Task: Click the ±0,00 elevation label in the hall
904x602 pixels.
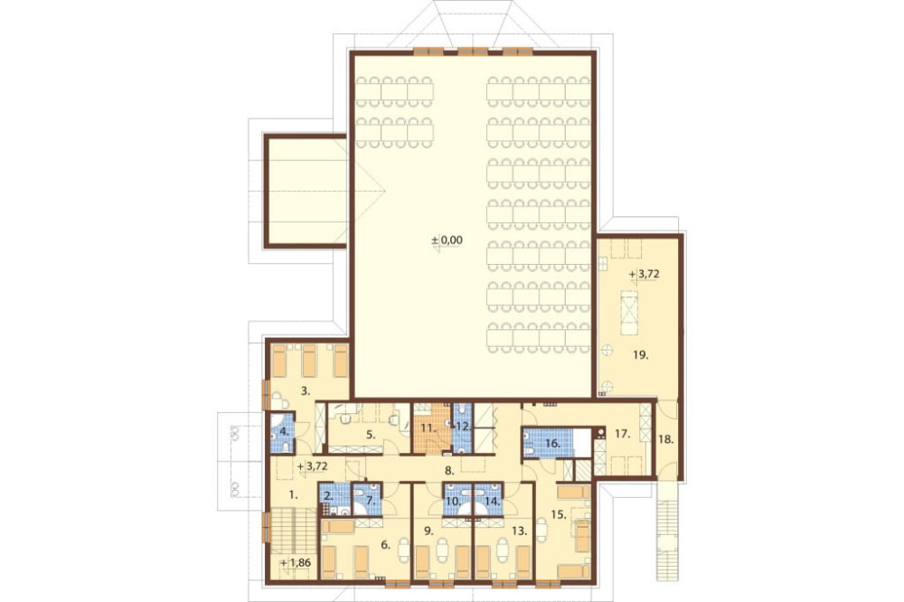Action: pyautogui.click(x=447, y=240)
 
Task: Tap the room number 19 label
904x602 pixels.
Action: pyautogui.click(x=641, y=355)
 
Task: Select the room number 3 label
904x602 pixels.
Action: pyautogui.click(x=306, y=391)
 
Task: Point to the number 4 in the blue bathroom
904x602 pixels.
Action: pyautogui.click(x=283, y=431)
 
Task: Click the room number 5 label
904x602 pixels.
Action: pyautogui.click(x=372, y=435)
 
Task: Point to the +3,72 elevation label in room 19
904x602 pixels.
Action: pyautogui.click(x=645, y=275)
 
